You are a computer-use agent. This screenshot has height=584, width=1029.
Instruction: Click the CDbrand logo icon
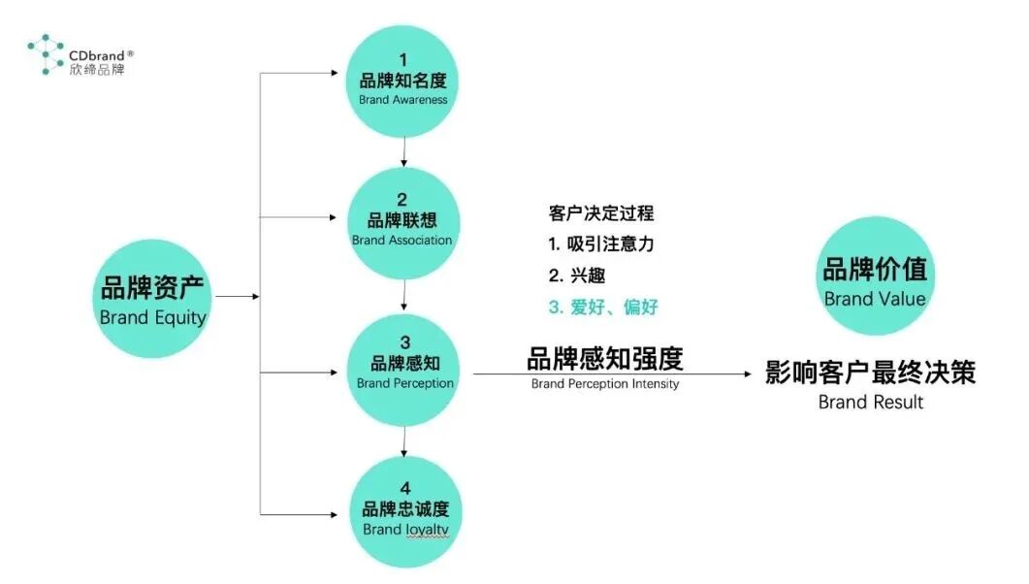[x=45, y=54]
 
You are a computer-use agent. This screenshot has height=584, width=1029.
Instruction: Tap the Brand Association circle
[x=402, y=222]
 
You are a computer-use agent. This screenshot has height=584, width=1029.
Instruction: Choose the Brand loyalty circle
[x=404, y=511]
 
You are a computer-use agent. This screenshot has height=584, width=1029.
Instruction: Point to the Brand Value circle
[x=875, y=276]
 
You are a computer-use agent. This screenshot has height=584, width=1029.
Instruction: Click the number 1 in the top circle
[x=402, y=60]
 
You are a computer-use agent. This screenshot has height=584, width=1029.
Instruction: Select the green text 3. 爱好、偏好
[x=603, y=308]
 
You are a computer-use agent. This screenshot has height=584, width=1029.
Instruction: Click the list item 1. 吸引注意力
[x=601, y=244]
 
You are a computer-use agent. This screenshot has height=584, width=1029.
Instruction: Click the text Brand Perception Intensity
[x=605, y=384]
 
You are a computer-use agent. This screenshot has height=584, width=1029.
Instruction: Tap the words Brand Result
[x=871, y=402]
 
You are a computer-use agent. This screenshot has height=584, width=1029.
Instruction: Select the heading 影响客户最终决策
[x=870, y=373]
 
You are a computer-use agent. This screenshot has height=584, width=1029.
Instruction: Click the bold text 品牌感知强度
[x=605, y=359]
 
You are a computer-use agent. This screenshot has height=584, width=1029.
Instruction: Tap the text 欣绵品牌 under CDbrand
[x=97, y=70]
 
